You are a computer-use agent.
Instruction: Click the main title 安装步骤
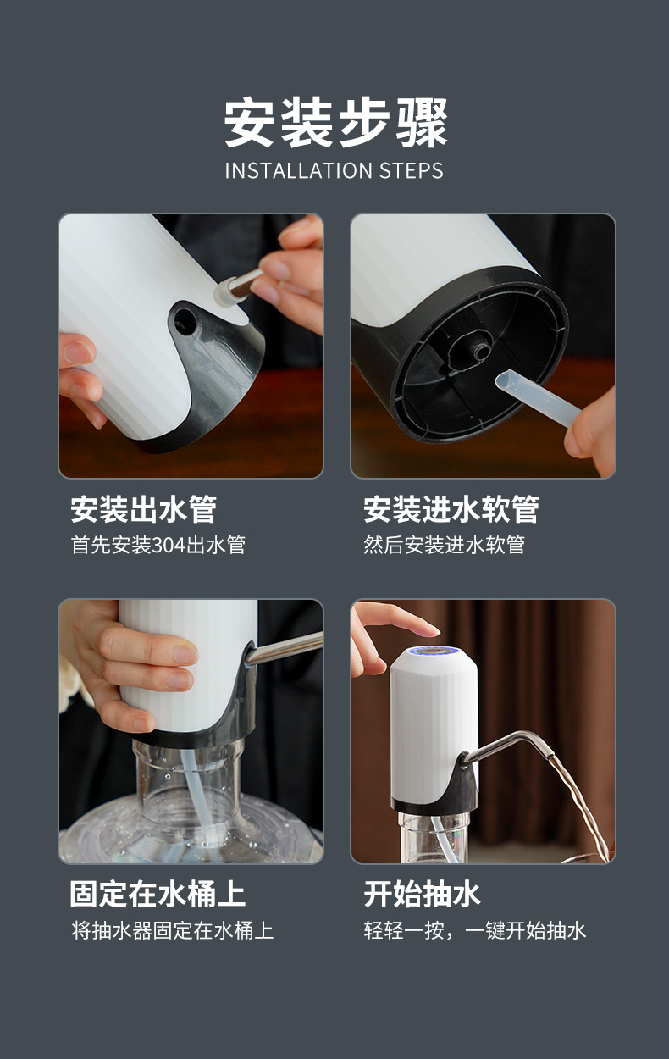(x=335, y=123)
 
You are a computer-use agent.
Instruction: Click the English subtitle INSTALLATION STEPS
(x=334, y=170)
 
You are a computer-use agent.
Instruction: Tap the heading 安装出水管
(x=144, y=509)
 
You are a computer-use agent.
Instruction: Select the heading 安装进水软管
(x=451, y=509)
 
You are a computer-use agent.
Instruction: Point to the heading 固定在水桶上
(x=158, y=894)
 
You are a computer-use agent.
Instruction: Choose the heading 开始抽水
(x=422, y=894)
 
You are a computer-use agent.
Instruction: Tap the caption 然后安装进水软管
(x=444, y=545)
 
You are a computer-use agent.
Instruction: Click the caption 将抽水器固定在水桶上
(x=173, y=930)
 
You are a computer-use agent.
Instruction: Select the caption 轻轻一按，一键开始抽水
(x=475, y=930)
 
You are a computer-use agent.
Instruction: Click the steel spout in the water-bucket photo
(x=284, y=648)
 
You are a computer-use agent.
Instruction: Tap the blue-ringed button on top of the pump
(x=434, y=653)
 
